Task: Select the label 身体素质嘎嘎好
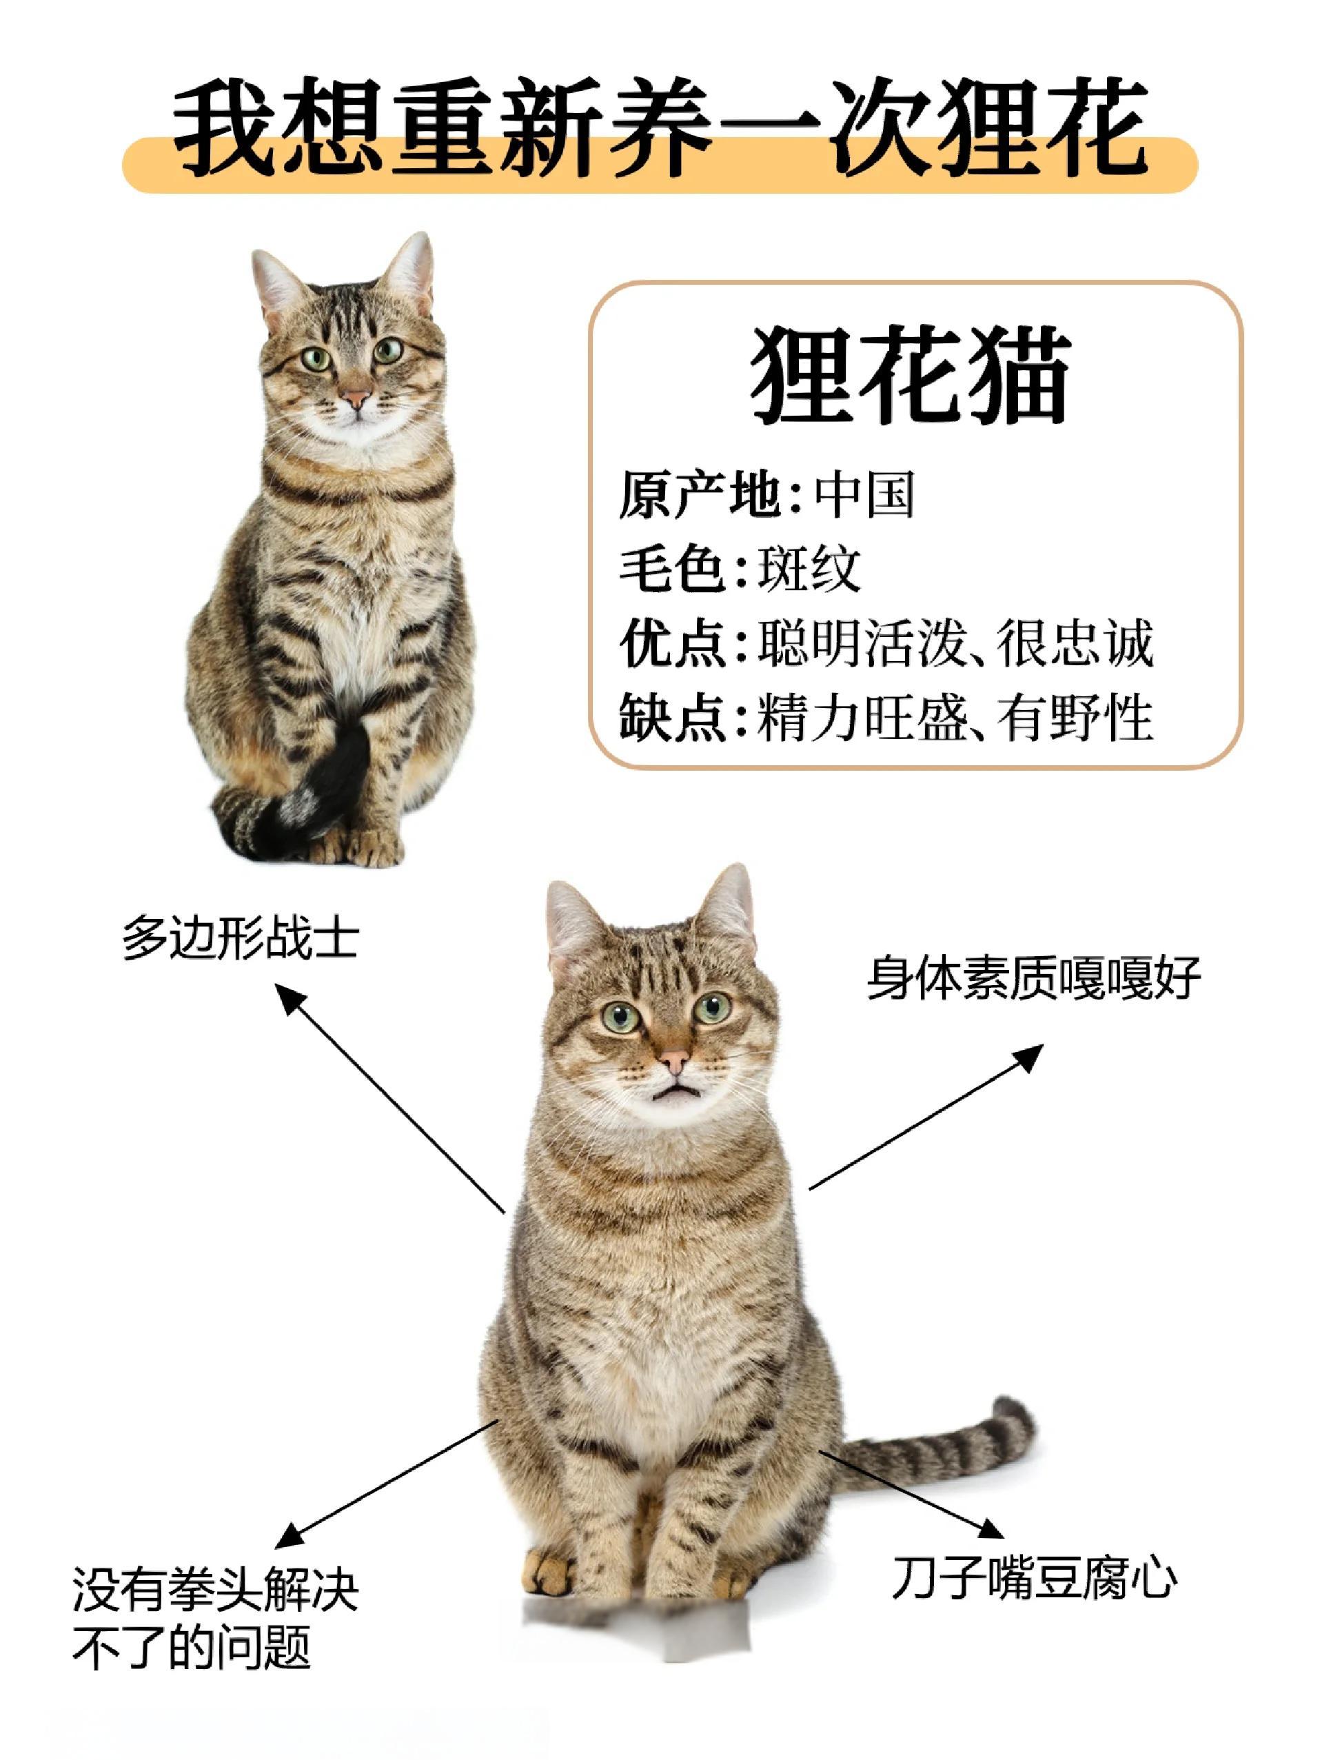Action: click(1033, 979)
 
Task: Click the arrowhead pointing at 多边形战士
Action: click(288, 995)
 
